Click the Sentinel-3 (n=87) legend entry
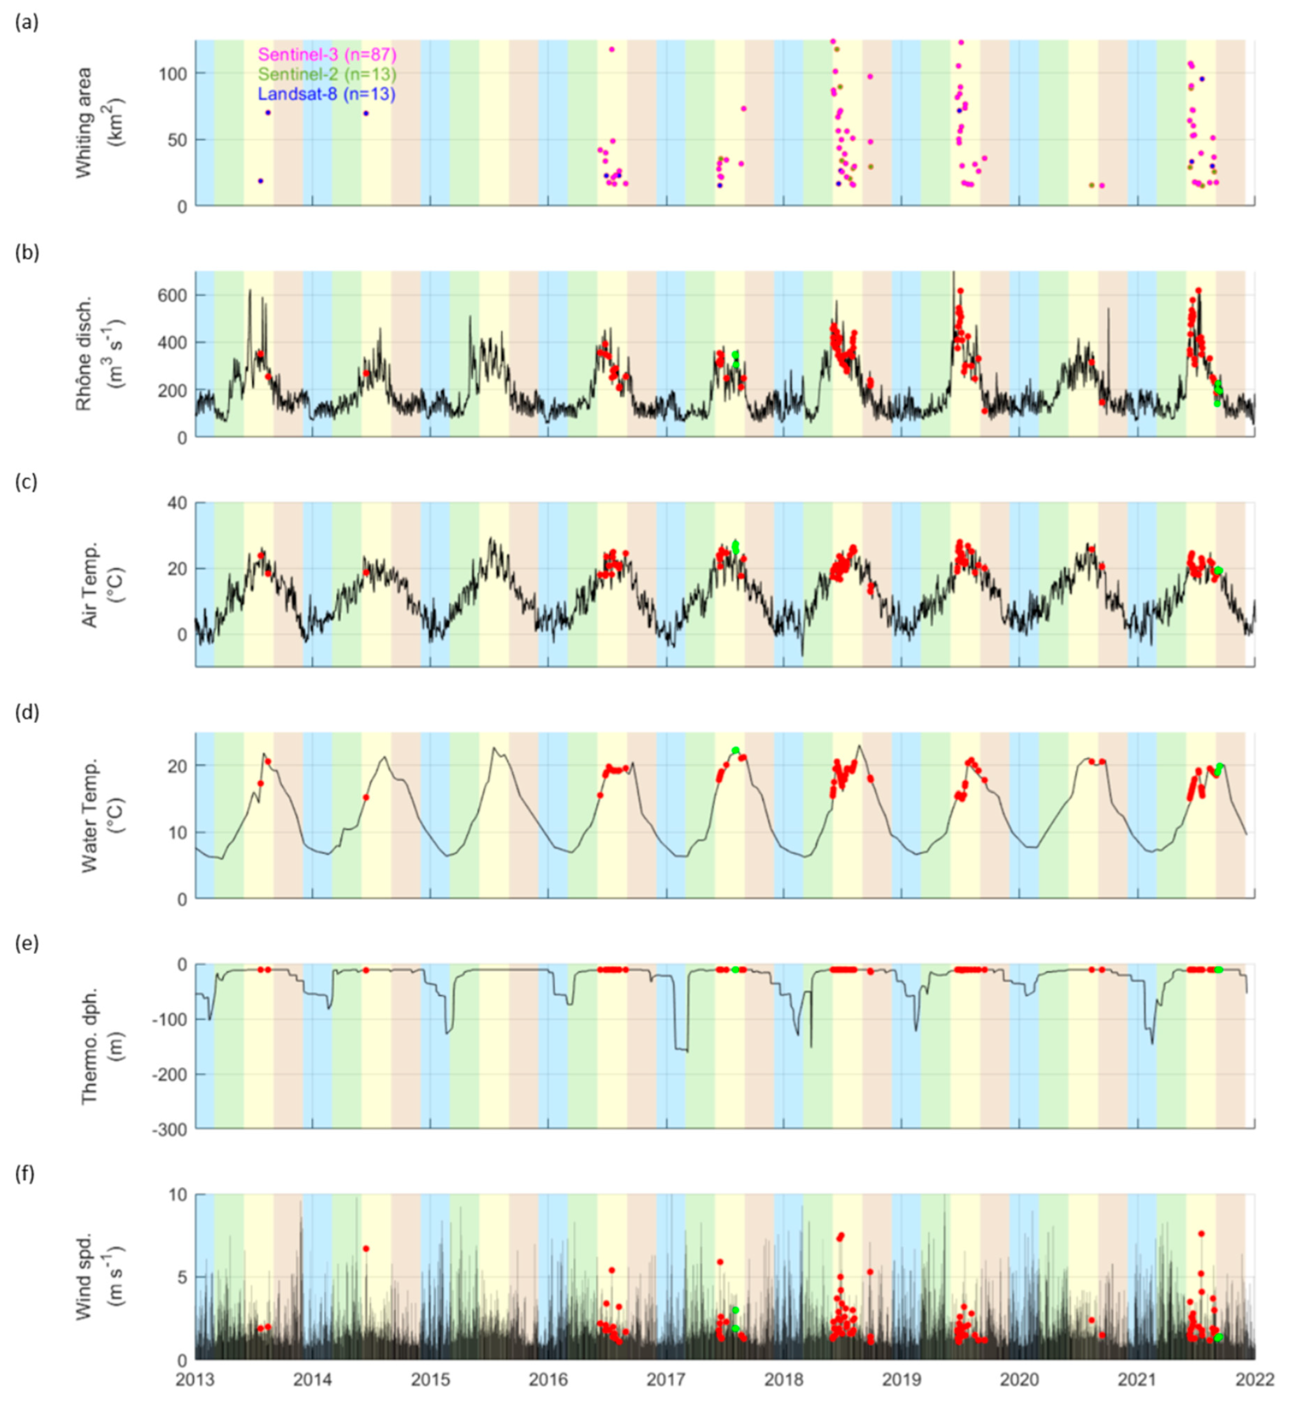pyautogui.click(x=327, y=54)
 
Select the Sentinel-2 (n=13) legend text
pyautogui.click(x=327, y=74)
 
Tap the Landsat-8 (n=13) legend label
pyautogui.click(x=327, y=93)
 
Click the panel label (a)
pyautogui.click(x=26, y=22)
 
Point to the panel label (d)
pyautogui.click(x=26, y=713)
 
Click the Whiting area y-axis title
pyautogui.click(x=95, y=122)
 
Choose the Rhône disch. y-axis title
pyautogui.click(x=95, y=353)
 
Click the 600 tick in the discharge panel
pyautogui.click(x=172, y=295)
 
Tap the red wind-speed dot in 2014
pyautogui.click(x=366, y=1249)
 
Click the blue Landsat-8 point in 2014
pyautogui.click(x=366, y=113)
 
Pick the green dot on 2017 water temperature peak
pyautogui.click(x=735, y=750)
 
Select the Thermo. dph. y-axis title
pyautogui.click(x=95, y=1046)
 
